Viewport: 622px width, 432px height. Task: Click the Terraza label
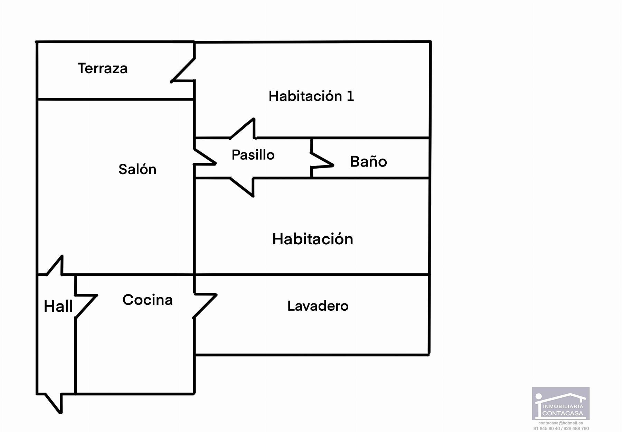click(103, 68)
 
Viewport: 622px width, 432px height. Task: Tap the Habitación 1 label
click(311, 96)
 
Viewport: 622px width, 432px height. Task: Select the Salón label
click(137, 169)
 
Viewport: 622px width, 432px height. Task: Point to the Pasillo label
click(253, 155)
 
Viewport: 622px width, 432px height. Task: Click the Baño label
click(368, 162)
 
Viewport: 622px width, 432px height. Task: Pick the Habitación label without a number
click(313, 239)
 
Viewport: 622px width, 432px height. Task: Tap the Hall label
click(58, 307)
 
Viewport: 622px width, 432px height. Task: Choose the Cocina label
click(148, 300)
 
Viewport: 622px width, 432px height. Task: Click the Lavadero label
click(318, 306)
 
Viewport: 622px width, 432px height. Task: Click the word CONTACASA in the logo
click(563, 413)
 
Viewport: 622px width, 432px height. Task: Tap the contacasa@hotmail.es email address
click(560, 423)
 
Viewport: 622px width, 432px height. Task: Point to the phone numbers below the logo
click(561, 429)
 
